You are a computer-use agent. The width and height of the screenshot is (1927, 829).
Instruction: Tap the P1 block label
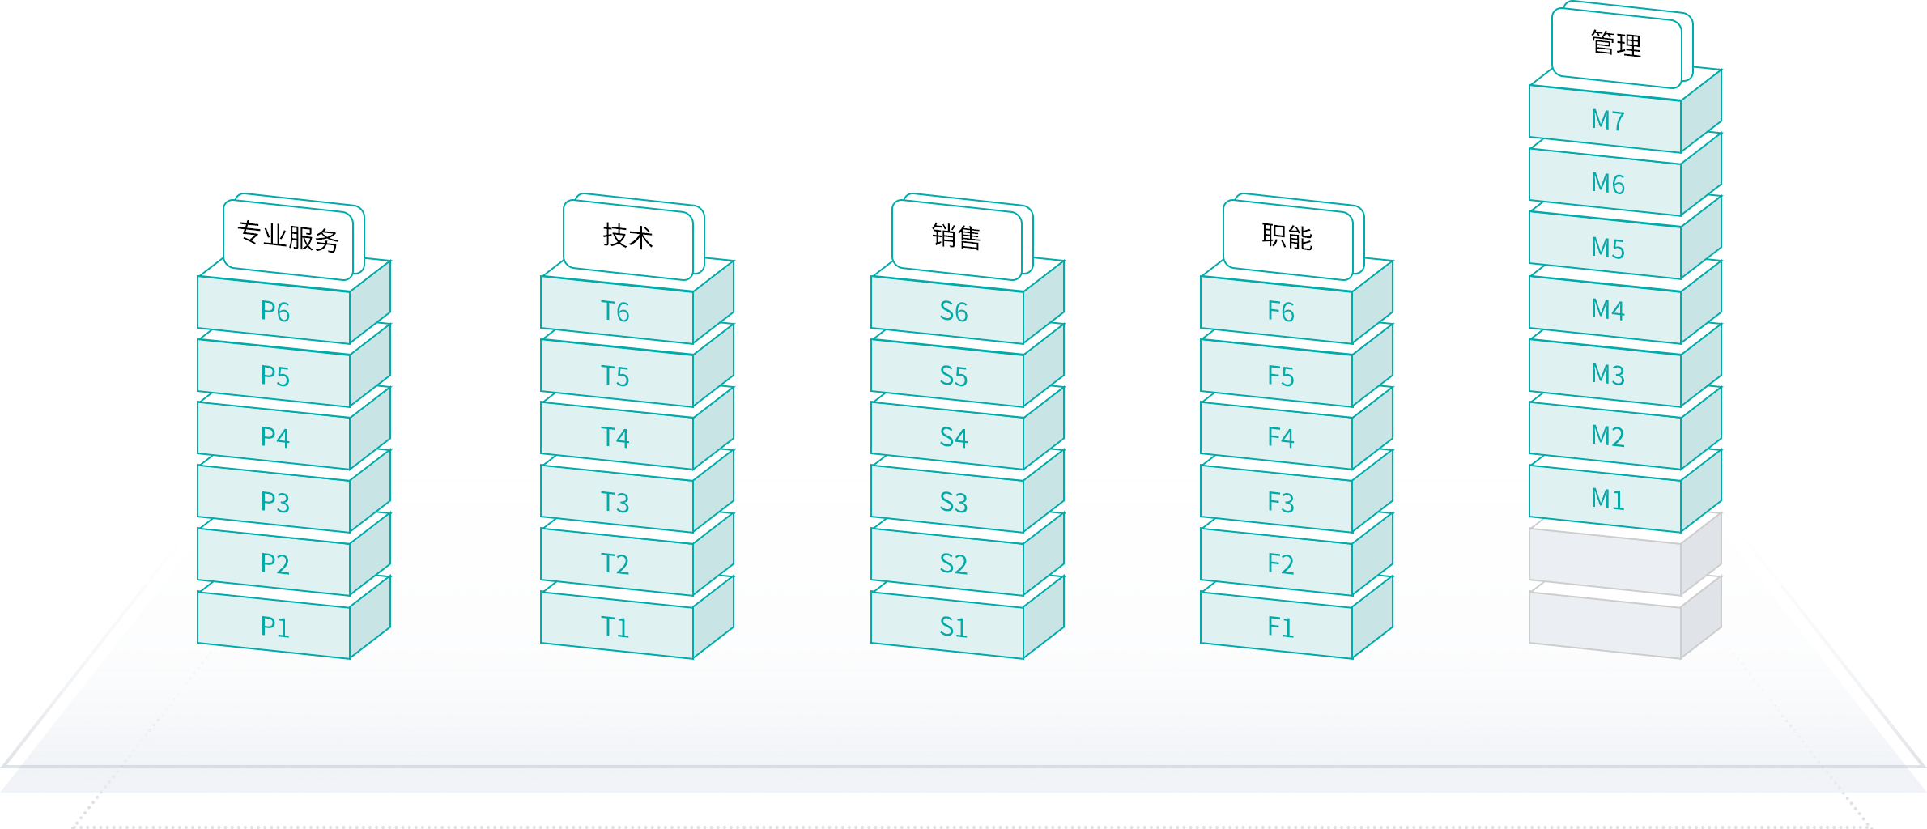274,627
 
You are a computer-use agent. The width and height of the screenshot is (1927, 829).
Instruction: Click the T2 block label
615,563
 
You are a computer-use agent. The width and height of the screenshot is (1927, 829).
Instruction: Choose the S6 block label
954,312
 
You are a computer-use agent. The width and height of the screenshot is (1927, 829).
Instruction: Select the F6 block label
1281,312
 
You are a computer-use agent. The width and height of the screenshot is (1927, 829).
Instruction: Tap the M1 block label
1608,499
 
